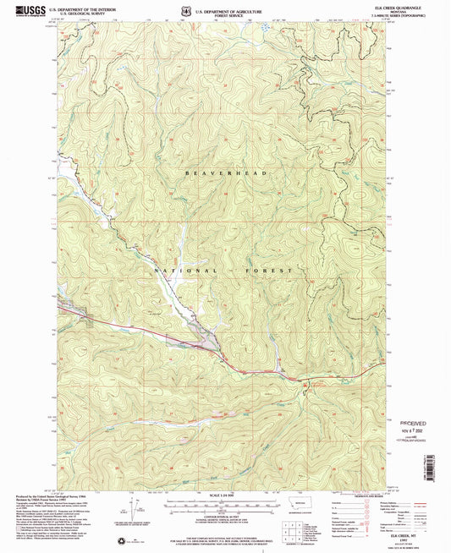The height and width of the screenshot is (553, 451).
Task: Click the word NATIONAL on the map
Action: (x=179, y=269)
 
